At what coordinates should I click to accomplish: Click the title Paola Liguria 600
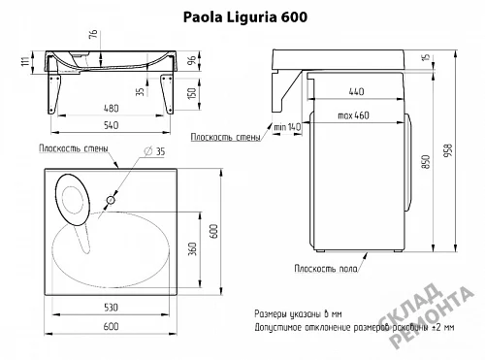[x=245, y=17]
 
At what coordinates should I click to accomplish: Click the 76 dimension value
[x=93, y=34]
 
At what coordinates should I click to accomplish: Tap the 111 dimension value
[x=25, y=60]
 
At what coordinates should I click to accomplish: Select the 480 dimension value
[x=111, y=108]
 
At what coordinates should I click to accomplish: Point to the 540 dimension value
[x=111, y=125]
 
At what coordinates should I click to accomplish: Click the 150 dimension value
[x=192, y=93]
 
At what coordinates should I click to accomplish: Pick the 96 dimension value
[x=192, y=60]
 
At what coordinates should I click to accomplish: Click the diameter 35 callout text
[x=154, y=151]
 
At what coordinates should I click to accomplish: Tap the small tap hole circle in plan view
[x=111, y=200]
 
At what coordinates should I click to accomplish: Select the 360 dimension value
[x=193, y=248]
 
